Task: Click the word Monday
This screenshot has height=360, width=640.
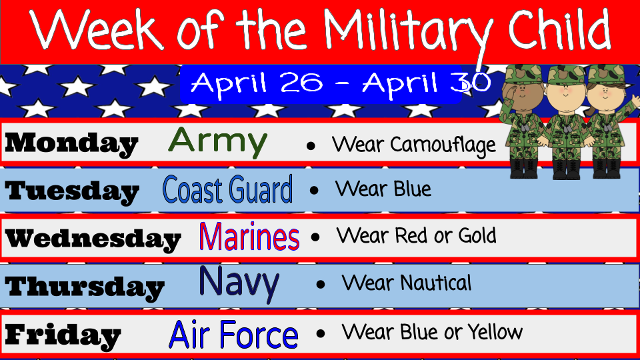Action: point(71,144)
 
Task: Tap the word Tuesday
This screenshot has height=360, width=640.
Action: point(72,191)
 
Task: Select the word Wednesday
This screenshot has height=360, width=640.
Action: point(93,239)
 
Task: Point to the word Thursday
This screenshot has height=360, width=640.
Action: point(85,287)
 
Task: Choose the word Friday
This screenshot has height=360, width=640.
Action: point(63,335)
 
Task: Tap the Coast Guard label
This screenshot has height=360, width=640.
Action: point(228,189)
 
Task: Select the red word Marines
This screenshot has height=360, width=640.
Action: point(249,236)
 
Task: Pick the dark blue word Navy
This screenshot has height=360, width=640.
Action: point(239,283)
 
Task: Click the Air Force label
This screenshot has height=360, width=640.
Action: point(233,334)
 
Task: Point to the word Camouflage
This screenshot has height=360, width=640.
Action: point(443,145)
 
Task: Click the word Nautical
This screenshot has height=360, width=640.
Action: point(435,283)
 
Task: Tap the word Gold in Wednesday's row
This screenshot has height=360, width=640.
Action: point(477,235)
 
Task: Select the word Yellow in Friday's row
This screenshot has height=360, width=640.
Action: point(495,331)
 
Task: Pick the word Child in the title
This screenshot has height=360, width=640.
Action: point(559,29)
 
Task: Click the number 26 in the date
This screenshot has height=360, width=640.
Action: point(301,83)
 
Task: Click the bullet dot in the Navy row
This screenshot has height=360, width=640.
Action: point(321,285)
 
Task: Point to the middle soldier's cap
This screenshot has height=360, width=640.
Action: point(565,75)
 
